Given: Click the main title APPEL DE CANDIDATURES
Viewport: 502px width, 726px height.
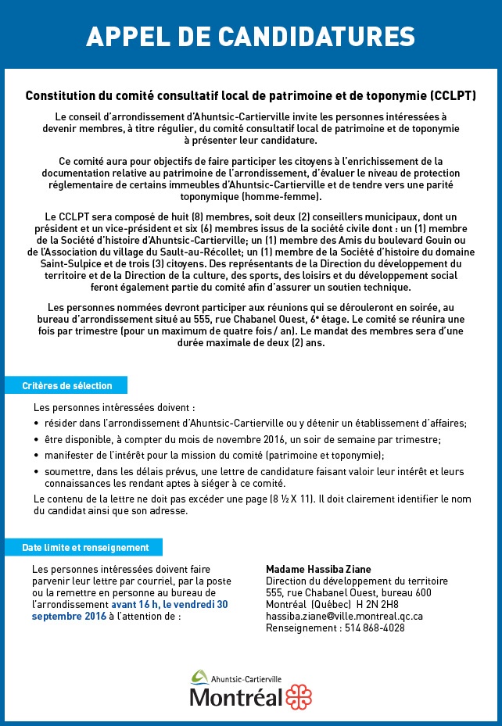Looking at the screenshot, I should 250,36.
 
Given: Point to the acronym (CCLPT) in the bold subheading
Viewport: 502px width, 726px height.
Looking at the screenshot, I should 453,97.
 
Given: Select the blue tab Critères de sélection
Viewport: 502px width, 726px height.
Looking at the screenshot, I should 67,386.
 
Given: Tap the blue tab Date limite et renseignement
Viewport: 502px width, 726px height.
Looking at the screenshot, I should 85,548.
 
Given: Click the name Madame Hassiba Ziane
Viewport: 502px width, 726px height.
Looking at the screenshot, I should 318,569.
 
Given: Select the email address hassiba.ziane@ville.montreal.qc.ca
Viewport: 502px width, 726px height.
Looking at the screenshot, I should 345,616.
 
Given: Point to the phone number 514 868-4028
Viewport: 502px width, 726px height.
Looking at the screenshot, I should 375,628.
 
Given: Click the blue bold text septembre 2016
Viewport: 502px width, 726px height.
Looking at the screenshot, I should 69,616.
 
